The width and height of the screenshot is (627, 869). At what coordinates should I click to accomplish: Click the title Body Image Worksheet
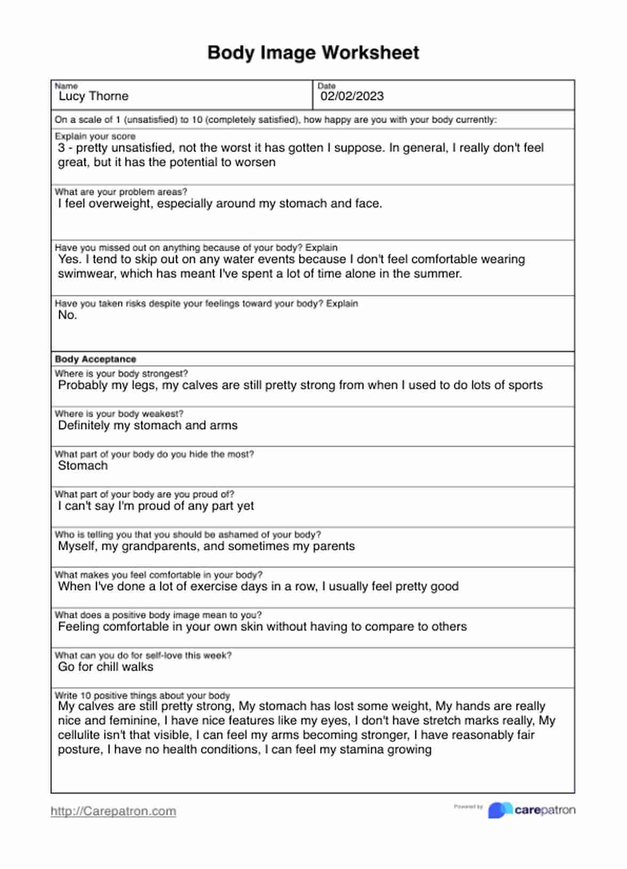click(x=313, y=53)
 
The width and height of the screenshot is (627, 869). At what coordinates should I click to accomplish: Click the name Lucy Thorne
click(x=93, y=96)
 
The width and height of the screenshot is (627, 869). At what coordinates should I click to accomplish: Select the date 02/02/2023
click(x=352, y=96)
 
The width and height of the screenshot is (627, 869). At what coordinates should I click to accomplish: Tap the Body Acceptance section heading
click(x=95, y=359)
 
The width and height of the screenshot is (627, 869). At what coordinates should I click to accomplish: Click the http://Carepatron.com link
click(x=113, y=811)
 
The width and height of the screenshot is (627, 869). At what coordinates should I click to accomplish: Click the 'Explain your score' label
click(x=95, y=136)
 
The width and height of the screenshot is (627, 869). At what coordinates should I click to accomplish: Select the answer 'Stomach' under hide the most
click(x=83, y=466)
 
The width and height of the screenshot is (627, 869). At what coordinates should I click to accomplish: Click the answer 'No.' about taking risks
click(x=68, y=315)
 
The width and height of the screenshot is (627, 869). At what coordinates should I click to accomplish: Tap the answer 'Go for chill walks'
click(x=106, y=667)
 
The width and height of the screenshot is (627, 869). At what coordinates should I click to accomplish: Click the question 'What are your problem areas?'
click(x=121, y=192)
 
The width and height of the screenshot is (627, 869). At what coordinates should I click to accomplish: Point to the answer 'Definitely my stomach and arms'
click(x=148, y=425)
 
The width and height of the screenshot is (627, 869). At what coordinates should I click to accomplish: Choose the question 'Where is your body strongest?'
click(x=121, y=374)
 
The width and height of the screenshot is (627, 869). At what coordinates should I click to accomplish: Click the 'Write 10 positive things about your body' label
click(x=142, y=696)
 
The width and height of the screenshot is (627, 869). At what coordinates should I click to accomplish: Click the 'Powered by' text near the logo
click(x=468, y=807)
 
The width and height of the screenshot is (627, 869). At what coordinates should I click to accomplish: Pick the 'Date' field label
click(x=326, y=86)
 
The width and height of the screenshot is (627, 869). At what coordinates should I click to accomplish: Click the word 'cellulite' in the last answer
click(x=81, y=735)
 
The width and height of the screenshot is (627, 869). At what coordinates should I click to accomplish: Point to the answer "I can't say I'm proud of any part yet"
click(x=156, y=506)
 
